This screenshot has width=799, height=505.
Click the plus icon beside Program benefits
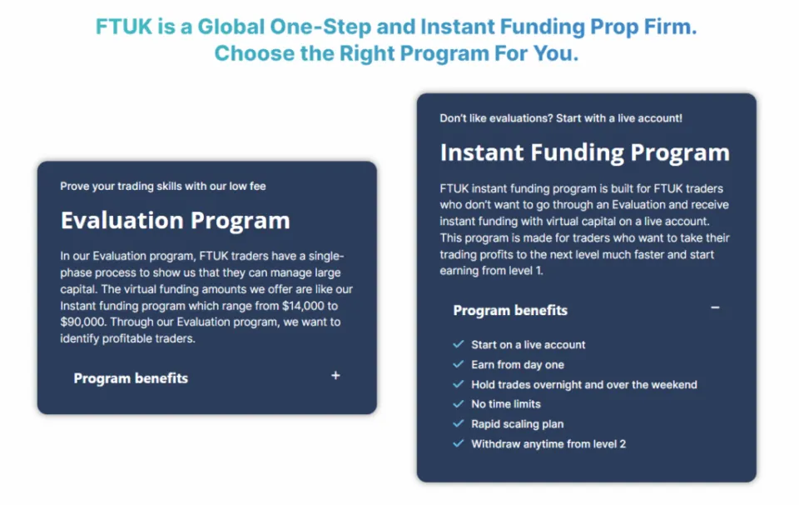tap(335, 376)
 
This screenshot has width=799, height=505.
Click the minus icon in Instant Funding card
tap(715, 308)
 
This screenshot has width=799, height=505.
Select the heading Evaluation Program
tap(175, 221)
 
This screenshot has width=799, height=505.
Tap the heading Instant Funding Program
tap(584, 153)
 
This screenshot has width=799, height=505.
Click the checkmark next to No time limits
tap(458, 403)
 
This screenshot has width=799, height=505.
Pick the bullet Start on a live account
tap(528, 344)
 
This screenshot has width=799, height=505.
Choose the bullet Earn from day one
tap(517, 364)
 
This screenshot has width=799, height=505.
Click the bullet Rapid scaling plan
tap(517, 423)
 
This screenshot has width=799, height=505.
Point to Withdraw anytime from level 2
tap(548, 443)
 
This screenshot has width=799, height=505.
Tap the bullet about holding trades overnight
tap(583, 384)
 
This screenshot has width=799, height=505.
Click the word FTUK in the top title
tap(123, 27)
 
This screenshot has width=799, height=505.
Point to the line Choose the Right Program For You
tap(396, 53)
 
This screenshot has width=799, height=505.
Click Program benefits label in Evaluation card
tap(131, 378)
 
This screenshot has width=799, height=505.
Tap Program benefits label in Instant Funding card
tap(509, 311)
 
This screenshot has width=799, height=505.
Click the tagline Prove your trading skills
tap(162, 186)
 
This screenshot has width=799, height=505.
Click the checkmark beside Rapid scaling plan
tap(458, 423)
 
